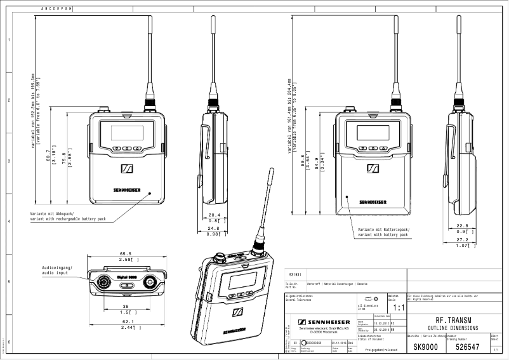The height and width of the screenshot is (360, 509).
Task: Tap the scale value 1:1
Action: tap(399, 308)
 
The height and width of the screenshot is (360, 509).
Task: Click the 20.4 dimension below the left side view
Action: tap(214, 215)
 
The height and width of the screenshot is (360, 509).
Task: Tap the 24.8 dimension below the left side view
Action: tap(214, 228)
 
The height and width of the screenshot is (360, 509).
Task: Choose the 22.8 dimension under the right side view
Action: tap(463, 225)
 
